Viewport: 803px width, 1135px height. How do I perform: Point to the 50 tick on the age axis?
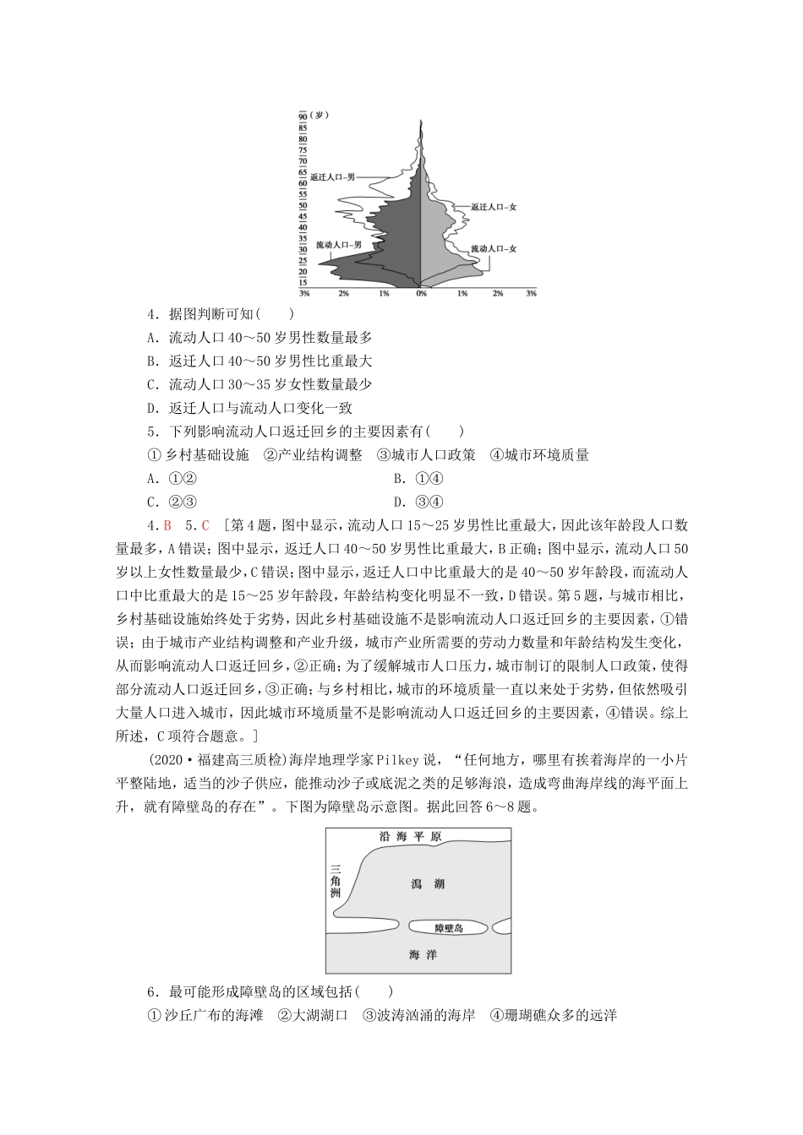[x=303, y=206]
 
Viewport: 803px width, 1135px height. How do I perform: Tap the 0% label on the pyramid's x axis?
[x=421, y=293]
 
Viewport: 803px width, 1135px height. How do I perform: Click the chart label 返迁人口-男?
[x=331, y=177]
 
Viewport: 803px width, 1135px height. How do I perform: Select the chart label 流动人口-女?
[x=493, y=248]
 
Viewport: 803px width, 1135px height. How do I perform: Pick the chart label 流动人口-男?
[x=338, y=245]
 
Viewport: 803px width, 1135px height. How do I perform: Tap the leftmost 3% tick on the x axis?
[x=304, y=293]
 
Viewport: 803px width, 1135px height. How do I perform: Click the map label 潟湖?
[x=427, y=884]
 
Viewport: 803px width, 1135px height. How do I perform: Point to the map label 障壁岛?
[x=449, y=928]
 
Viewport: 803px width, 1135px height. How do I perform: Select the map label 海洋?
[x=422, y=955]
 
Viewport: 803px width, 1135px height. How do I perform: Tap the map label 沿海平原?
[x=410, y=837]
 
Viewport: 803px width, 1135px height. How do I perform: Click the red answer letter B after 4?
[x=167, y=524]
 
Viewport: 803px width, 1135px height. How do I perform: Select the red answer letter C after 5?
[x=205, y=524]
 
